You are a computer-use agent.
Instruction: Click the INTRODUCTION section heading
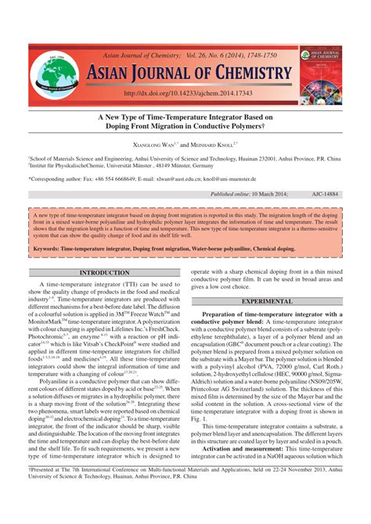tap(104, 273)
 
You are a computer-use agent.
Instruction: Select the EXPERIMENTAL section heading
tap(266, 301)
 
